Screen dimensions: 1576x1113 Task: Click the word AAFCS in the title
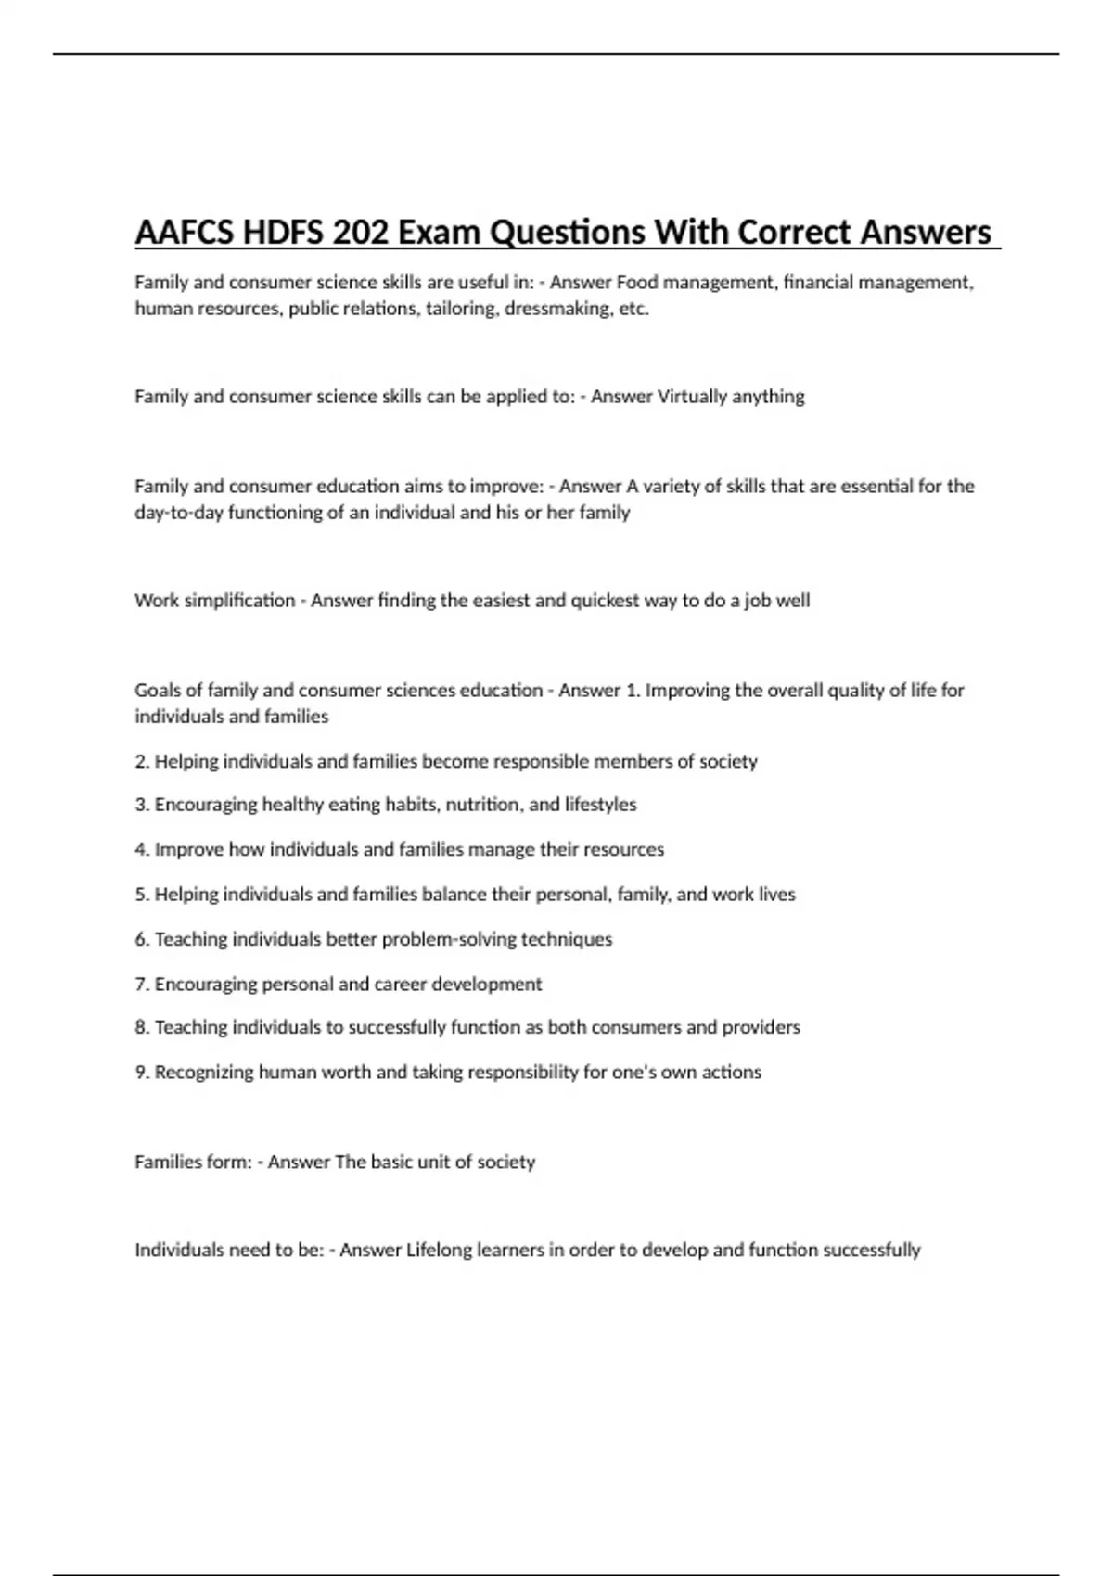tap(184, 232)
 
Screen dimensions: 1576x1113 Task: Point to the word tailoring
tap(459, 309)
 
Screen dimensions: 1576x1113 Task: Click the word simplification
tap(239, 601)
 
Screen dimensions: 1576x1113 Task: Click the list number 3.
tap(141, 805)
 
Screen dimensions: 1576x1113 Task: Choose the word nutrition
tap(484, 805)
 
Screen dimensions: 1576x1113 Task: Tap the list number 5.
tap(141, 895)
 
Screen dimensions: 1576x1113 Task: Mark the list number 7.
tap(141, 985)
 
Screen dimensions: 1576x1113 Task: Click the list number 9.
tap(141, 1073)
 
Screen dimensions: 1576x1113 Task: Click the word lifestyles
tap(600, 805)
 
